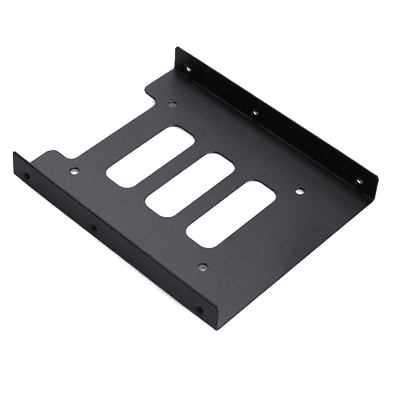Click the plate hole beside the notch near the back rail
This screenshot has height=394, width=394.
[172, 104]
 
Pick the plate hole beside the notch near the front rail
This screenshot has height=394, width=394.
[74, 171]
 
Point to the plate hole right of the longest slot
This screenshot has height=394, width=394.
[300, 191]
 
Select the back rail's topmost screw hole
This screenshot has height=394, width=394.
[188, 69]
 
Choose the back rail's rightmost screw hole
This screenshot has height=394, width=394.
[359, 182]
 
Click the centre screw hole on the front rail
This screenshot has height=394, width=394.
[94, 227]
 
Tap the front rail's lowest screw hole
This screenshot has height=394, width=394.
[200, 310]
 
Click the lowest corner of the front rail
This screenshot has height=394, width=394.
[216, 329]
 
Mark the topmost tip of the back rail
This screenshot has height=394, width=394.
[178, 48]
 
